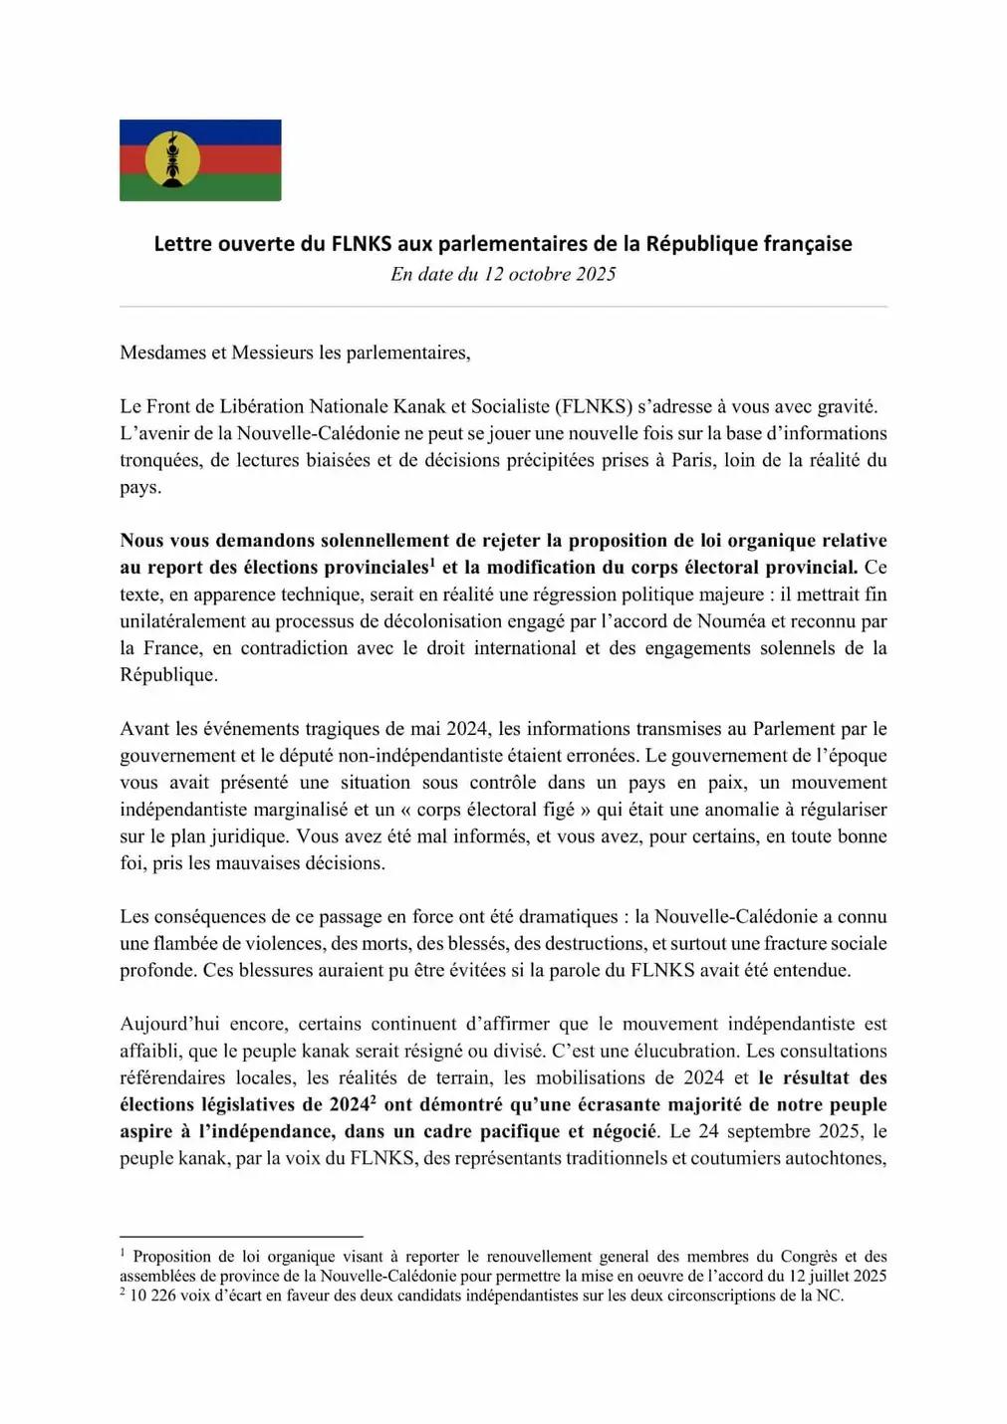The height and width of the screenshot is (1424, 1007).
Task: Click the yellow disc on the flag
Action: tap(172, 159)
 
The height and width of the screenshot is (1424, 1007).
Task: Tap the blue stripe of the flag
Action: tap(239, 129)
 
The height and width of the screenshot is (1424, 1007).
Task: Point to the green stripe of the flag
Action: tap(239, 189)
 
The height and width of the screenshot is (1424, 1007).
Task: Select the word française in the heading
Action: tap(808, 244)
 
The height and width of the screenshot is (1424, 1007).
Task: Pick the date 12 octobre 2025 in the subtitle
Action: tap(550, 274)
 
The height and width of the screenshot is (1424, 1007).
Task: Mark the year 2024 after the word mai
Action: tap(466, 729)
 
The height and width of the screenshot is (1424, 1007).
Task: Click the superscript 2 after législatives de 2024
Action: tap(373, 1099)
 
